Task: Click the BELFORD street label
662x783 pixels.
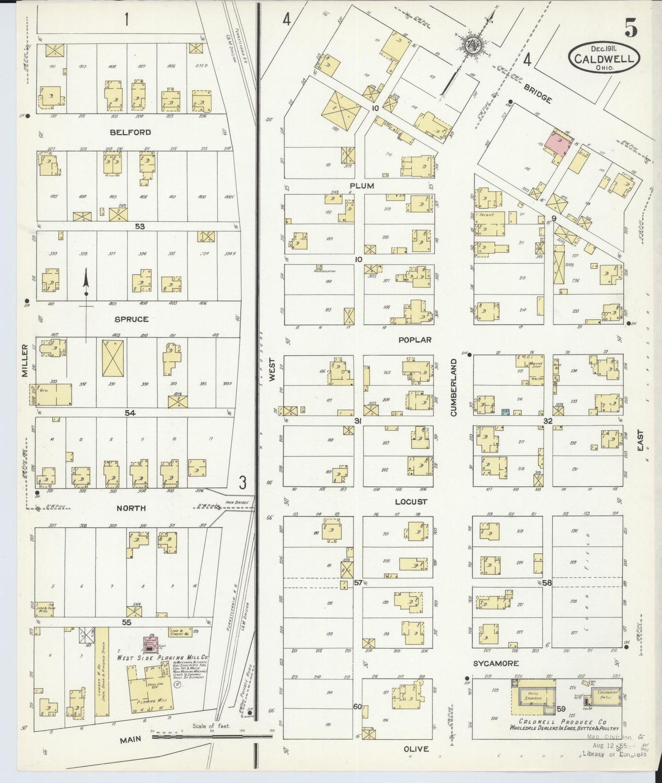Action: tap(130, 132)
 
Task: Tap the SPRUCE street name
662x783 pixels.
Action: tap(132, 319)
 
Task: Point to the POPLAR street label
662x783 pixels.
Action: tap(415, 340)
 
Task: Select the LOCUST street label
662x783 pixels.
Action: tap(411, 502)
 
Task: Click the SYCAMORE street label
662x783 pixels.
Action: tap(496, 663)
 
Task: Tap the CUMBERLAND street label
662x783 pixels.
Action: tap(454, 387)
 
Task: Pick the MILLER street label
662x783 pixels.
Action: tap(26, 361)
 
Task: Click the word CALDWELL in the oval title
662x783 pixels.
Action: tap(604, 59)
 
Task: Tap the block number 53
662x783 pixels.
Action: tap(140, 226)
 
